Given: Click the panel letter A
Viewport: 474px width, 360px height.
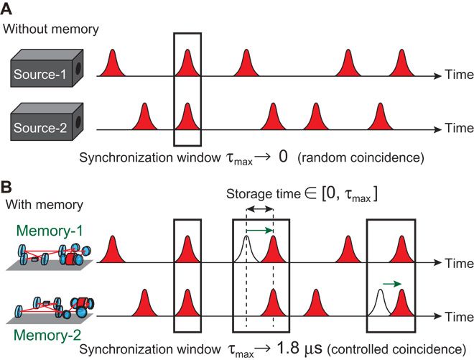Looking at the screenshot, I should pos(9,9).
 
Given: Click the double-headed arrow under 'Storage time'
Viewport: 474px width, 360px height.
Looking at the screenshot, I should pos(259,209).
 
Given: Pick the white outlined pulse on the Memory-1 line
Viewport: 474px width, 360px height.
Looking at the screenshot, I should pos(246,247).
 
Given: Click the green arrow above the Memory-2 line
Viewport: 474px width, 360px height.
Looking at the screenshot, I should pos(392,284).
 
